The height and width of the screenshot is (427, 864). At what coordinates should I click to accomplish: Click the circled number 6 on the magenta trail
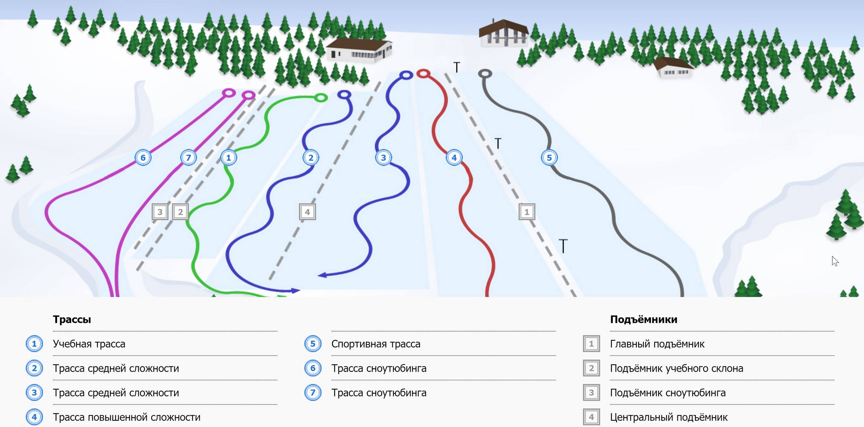pos(143,157)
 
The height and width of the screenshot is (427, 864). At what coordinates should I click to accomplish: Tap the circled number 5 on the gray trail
pos(549,157)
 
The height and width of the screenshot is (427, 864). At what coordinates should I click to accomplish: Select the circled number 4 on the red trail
pos(454,157)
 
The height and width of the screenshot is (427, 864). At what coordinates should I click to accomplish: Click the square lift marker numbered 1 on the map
pos(526,212)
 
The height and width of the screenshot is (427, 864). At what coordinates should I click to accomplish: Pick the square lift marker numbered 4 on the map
pos(307,212)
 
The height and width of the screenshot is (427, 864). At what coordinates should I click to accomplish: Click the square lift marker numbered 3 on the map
pos(160,212)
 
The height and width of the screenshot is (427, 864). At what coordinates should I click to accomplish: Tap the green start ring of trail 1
pos(321,97)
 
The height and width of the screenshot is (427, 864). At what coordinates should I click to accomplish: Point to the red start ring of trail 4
pos(423,73)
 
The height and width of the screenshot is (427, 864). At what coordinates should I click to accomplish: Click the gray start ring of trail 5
pos(485,73)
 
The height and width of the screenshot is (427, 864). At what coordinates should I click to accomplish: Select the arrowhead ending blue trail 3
pos(322,275)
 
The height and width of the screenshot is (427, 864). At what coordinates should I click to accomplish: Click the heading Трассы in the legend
pos(72,319)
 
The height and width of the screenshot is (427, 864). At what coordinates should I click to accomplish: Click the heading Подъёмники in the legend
pos(643,319)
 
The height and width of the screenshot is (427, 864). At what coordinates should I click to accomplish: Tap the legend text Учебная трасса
pos(89,344)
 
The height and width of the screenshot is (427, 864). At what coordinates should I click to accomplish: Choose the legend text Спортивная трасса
pos(376,344)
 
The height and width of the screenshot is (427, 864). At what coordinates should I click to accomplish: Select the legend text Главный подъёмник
pos(657,344)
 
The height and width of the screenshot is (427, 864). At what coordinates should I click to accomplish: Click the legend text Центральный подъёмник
pos(668,417)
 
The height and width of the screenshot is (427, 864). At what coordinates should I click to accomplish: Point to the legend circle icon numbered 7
pos(312,392)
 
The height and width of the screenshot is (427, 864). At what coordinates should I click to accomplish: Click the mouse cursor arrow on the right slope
pos(835,261)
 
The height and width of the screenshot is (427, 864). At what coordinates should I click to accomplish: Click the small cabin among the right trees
pos(674,68)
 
